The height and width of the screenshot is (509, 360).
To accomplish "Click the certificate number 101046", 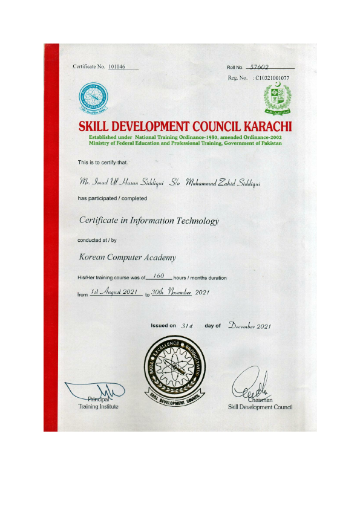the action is (117, 66).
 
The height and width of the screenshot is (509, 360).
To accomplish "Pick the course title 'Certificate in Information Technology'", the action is (149, 221).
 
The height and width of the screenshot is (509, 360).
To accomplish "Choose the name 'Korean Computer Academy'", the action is (128, 257).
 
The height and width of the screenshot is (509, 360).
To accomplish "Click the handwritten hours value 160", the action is (159, 276).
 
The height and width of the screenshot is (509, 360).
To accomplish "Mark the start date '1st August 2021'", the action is (115, 292).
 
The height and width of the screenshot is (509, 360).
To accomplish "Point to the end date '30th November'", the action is (171, 292).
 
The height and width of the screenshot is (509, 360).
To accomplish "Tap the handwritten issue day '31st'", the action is (186, 325).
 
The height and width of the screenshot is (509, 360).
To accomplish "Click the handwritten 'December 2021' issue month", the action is (249, 326).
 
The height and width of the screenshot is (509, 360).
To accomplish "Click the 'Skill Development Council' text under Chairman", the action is (260, 407).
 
